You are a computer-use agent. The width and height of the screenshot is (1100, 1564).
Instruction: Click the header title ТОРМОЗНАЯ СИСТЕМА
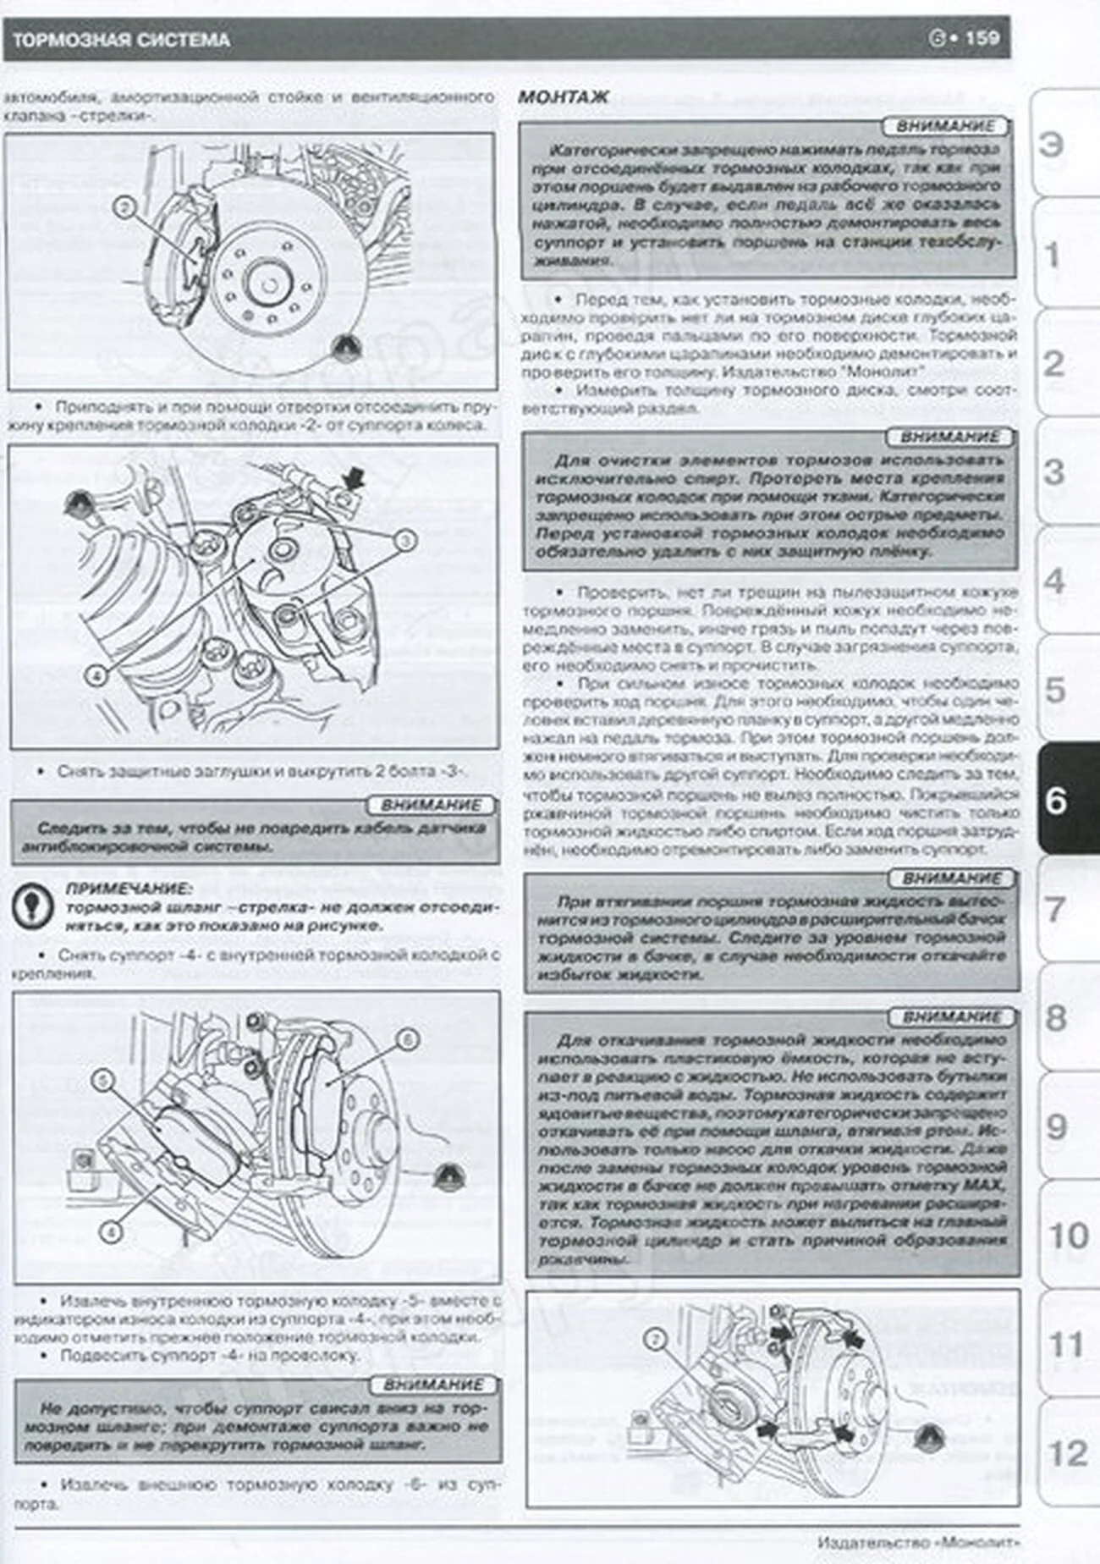point(121,40)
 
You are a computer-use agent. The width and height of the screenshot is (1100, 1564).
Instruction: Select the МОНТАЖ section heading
point(563,97)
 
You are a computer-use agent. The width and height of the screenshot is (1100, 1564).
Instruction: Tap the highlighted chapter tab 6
point(1058,799)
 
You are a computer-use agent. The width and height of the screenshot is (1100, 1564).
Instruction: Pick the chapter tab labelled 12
point(1066,1454)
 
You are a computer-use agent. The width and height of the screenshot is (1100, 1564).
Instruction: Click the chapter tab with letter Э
point(1051,145)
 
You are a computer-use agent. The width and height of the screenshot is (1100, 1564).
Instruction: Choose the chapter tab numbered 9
point(1057,1126)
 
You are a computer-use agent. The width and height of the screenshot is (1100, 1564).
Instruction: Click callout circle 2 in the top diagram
point(124,207)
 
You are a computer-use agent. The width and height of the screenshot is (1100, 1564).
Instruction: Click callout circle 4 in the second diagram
point(97,675)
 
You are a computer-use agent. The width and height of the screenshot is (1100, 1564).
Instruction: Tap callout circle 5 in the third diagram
point(103,1080)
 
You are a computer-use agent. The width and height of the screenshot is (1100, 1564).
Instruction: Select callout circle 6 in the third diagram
point(407,1038)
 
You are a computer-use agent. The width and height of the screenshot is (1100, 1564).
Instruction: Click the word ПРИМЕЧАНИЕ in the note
point(129,889)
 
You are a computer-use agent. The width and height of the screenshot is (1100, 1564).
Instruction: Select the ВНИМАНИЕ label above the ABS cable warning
point(431,805)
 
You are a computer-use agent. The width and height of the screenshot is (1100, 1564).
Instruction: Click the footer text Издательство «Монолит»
point(917,1542)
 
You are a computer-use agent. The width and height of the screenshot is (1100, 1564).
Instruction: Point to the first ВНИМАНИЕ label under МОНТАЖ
point(944,126)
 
